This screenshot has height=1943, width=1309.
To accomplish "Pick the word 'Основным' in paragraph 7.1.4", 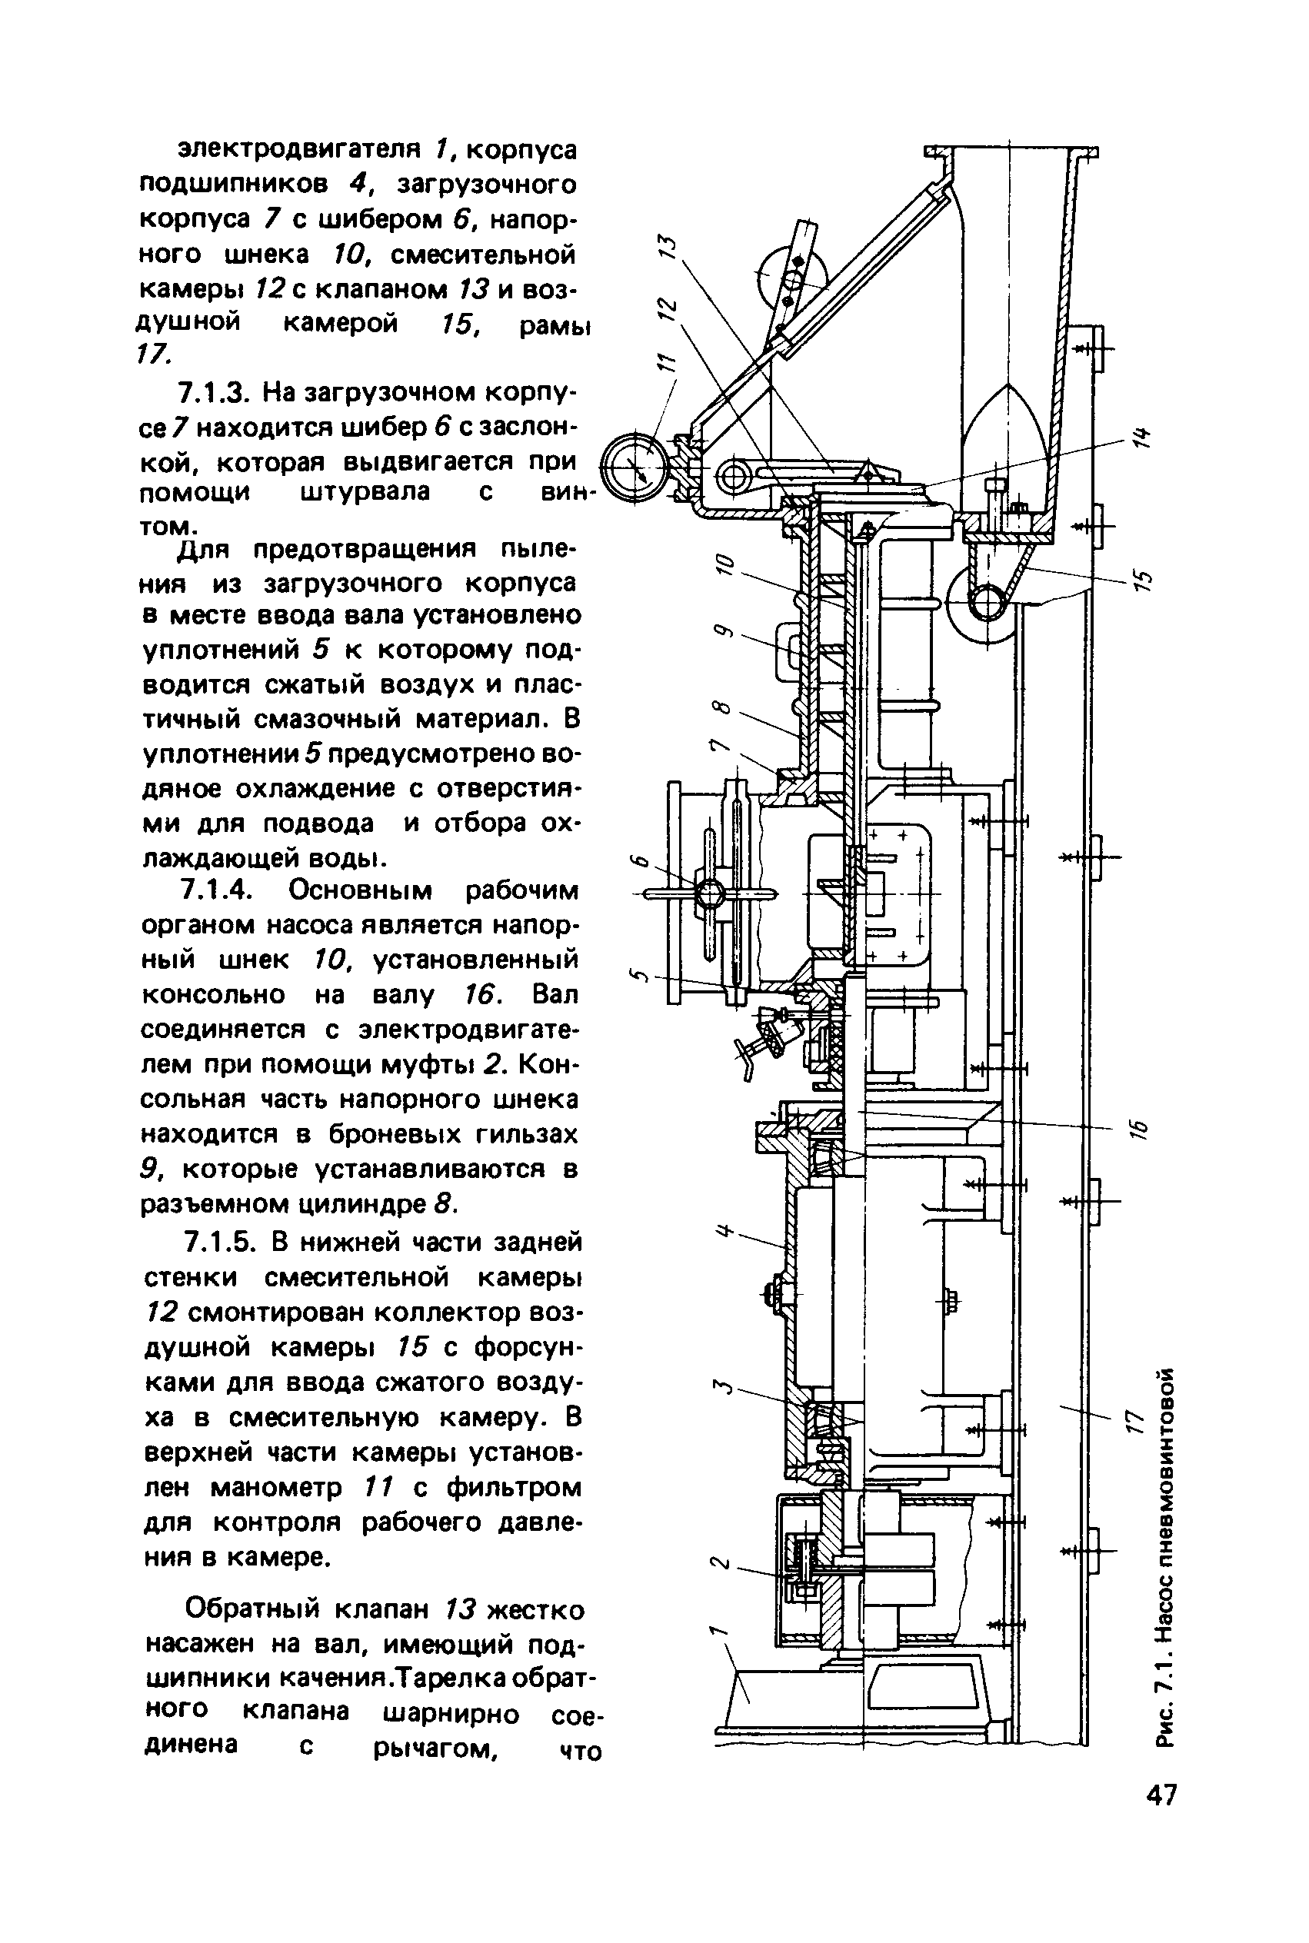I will (362, 890).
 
